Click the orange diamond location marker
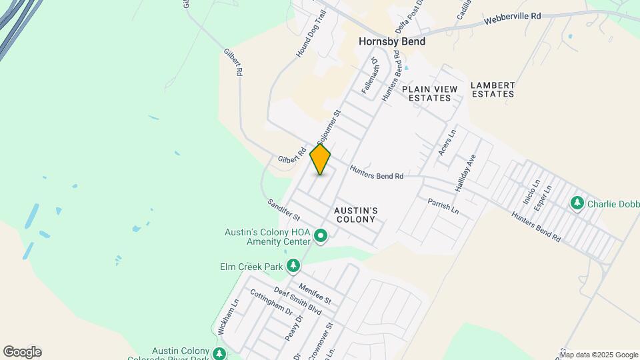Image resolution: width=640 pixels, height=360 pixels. click(321, 159)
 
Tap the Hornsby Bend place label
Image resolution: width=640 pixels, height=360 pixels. click(392, 41)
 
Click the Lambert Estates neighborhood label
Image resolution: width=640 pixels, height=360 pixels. click(493, 89)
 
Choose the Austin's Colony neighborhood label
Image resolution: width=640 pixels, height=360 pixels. click(357, 215)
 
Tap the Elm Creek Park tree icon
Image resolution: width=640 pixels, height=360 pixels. click(293, 267)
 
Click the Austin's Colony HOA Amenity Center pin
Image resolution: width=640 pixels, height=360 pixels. click(321, 236)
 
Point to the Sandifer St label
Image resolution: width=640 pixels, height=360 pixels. click(285, 210)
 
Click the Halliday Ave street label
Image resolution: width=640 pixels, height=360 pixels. click(465, 174)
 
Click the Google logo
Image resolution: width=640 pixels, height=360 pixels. click(22, 351)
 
